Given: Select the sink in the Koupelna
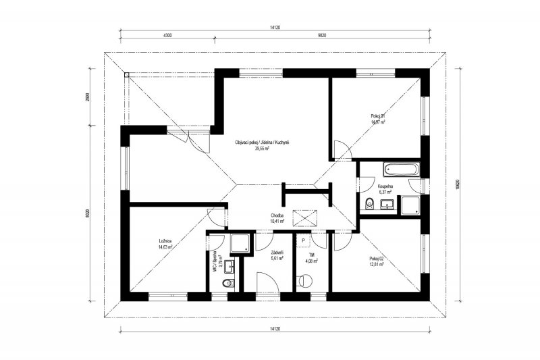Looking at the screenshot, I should pyautogui.click(x=387, y=204).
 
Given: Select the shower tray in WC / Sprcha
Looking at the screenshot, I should pyautogui.click(x=240, y=244).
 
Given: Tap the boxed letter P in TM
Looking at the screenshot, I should pyautogui.click(x=304, y=240).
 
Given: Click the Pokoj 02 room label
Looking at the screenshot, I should pyautogui.click(x=377, y=258).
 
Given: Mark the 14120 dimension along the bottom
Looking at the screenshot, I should pyautogui.click(x=274, y=328).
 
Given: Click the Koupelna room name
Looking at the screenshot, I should pyautogui.click(x=385, y=186).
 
